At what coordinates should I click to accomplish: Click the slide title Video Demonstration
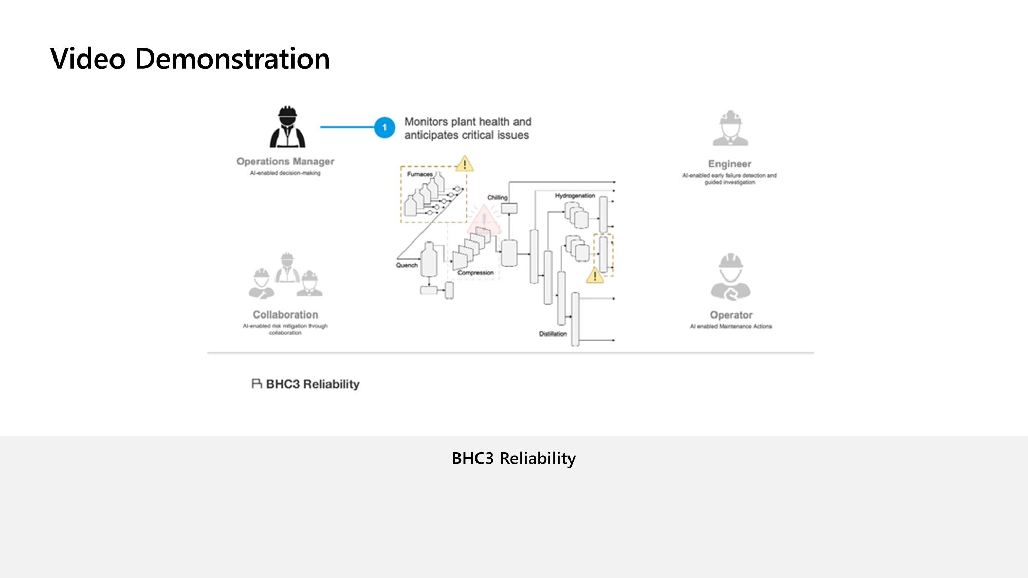pyautogui.click(x=190, y=59)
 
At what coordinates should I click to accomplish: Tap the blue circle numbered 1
pyautogui.click(x=384, y=127)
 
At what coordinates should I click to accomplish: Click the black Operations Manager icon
pyautogui.click(x=287, y=127)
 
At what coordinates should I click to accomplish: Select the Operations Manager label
pyautogui.click(x=285, y=161)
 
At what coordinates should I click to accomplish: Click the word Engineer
pyautogui.click(x=729, y=164)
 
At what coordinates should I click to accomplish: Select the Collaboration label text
pyautogui.click(x=285, y=314)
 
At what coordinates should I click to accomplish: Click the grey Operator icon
pyautogui.click(x=730, y=277)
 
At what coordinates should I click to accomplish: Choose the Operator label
pyautogui.click(x=731, y=315)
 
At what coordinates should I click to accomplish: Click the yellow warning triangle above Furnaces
pyautogui.click(x=464, y=164)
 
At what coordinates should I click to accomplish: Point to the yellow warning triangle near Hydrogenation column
pyautogui.click(x=595, y=276)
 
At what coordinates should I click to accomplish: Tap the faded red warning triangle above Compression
pyautogui.click(x=484, y=220)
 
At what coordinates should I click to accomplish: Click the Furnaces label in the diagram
pyautogui.click(x=419, y=174)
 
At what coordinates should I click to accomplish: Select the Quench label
pyautogui.click(x=407, y=265)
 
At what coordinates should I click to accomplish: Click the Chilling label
pyautogui.click(x=497, y=197)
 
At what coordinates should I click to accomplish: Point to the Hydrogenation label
pyautogui.click(x=575, y=196)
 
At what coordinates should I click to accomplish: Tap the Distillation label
pyautogui.click(x=553, y=334)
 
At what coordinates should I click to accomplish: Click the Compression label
pyautogui.click(x=475, y=273)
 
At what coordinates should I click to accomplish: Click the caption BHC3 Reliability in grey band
pyautogui.click(x=513, y=458)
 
